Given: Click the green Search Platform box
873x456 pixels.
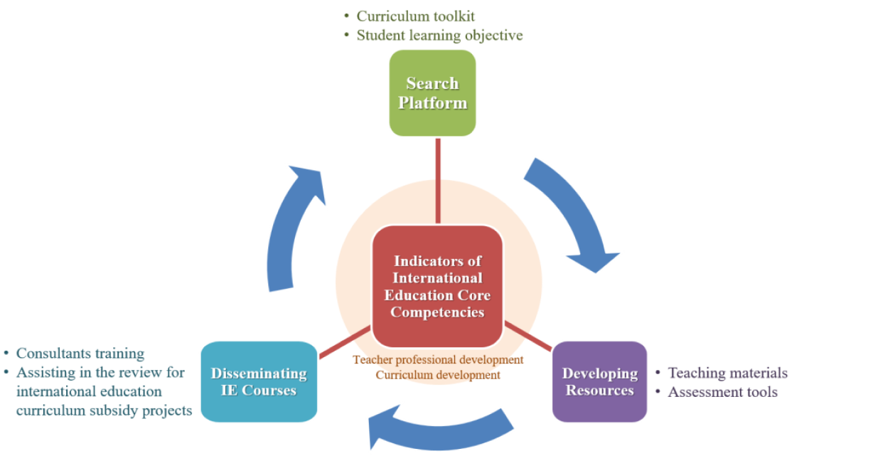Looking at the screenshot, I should click(x=432, y=93).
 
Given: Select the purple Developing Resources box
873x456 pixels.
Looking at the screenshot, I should click(x=599, y=381).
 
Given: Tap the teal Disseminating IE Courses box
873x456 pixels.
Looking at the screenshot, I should click(x=259, y=381).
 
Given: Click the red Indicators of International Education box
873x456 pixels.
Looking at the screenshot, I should click(x=437, y=286).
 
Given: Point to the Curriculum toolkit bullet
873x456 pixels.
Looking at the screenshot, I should click(x=415, y=16).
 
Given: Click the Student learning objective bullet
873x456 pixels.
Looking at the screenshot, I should click(x=439, y=35).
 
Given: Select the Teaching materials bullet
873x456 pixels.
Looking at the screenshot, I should click(x=727, y=373).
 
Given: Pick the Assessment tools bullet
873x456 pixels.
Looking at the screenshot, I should click(x=722, y=392).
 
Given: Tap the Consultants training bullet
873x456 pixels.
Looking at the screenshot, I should click(x=80, y=354).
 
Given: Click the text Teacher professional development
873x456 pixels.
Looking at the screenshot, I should click(x=438, y=360).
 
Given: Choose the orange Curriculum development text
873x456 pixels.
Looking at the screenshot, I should click(x=438, y=374).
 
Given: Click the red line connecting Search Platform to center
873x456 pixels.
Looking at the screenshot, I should click(x=438, y=181).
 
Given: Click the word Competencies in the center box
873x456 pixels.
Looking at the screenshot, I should click(x=437, y=312).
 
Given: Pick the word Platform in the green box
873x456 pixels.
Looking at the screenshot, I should click(x=432, y=102).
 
